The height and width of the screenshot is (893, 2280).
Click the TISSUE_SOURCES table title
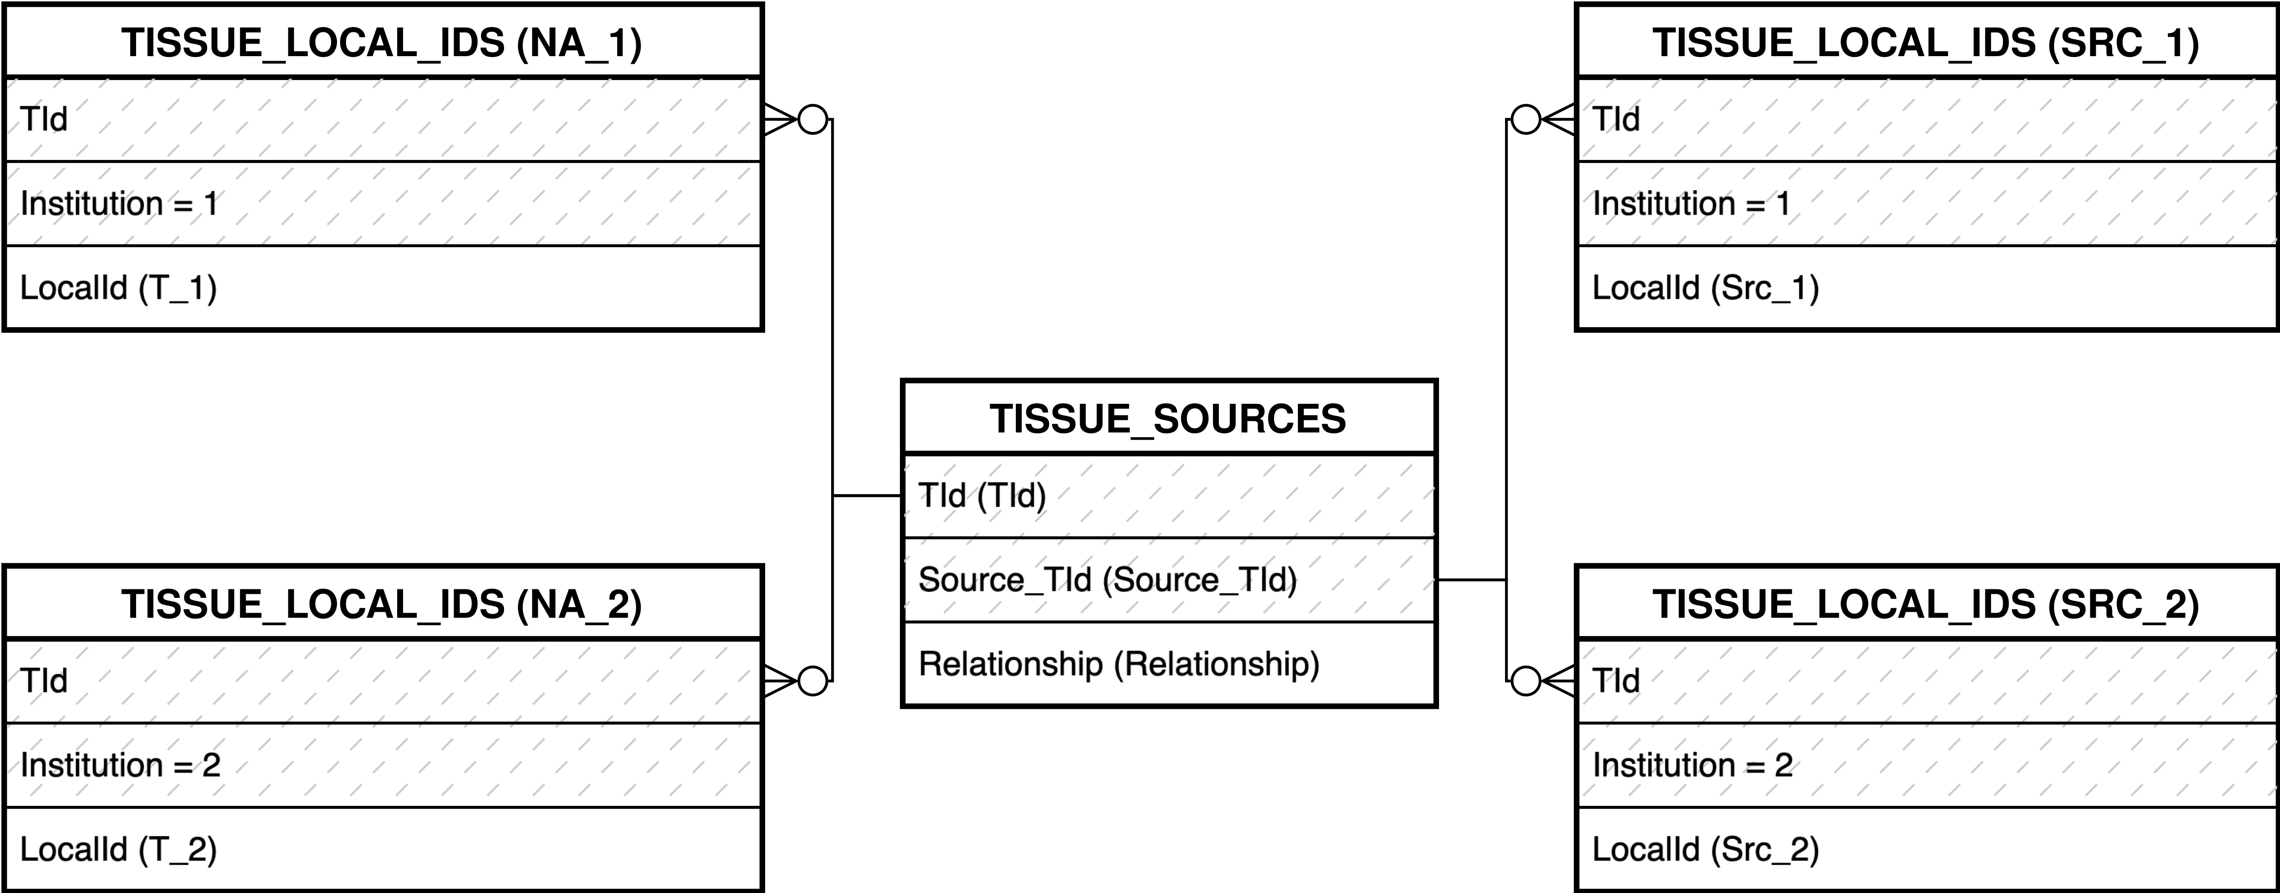pyautogui.click(x=1169, y=419)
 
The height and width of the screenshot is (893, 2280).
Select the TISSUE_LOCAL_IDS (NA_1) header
pyautogui.click(x=382, y=43)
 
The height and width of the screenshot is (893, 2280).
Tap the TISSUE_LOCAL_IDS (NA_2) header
pyautogui.click(x=382, y=605)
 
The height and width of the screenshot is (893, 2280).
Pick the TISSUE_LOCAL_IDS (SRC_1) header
pyautogui.click(x=1926, y=43)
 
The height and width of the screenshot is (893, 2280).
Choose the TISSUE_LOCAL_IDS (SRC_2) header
pyautogui.click(x=1926, y=605)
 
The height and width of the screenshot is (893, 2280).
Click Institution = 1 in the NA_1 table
pyautogui.click(x=120, y=203)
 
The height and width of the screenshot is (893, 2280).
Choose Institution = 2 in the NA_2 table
pyautogui.click(x=120, y=765)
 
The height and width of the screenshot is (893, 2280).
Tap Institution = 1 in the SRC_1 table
pyautogui.click(x=1691, y=203)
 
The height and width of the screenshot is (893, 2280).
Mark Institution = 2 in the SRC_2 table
pyautogui.click(x=1692, y=765)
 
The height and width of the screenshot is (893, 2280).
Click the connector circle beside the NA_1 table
pyautogui.click(x=813, y=119)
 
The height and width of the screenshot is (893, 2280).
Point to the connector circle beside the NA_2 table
pyautogui.click(x=813, y=681)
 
